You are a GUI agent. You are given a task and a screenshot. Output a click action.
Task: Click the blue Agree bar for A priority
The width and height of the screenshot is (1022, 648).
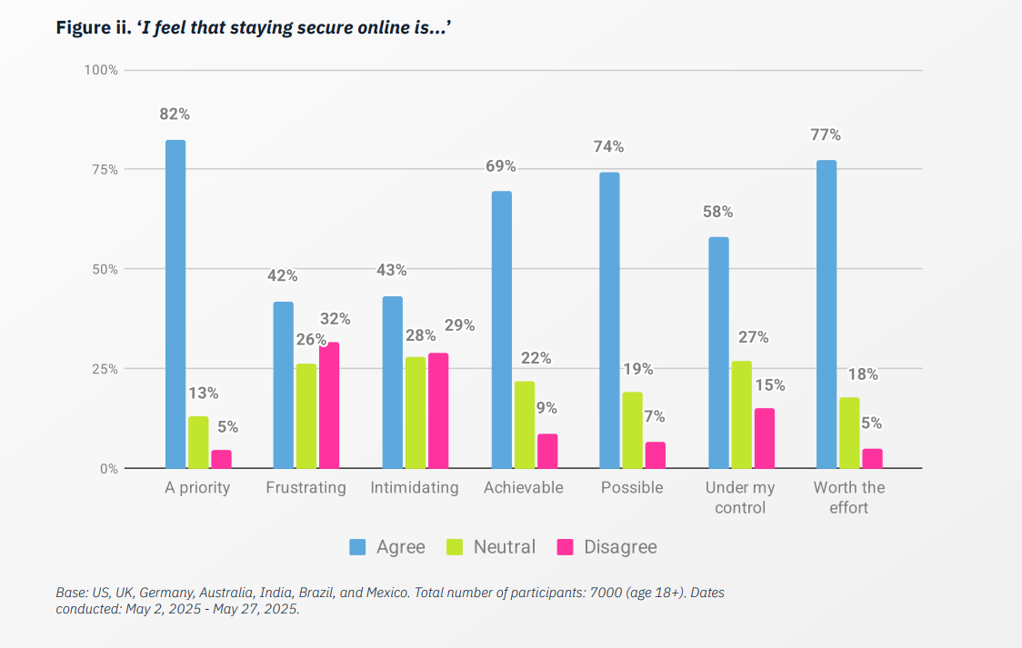point(175,304)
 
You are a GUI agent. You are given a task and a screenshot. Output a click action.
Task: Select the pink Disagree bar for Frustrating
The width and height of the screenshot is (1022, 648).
point(329,405)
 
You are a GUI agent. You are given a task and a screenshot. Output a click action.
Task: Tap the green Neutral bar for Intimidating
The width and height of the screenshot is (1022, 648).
point(416,413)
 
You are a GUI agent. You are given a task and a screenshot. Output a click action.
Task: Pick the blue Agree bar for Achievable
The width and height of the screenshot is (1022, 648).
point(502,330)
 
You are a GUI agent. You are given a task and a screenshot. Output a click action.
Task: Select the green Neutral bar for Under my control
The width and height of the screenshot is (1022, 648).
point(741,414)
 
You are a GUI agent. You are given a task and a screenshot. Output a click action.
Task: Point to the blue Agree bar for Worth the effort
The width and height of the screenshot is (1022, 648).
point(827,314)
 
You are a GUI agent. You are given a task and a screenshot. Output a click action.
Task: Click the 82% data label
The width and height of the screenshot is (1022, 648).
point(175,115)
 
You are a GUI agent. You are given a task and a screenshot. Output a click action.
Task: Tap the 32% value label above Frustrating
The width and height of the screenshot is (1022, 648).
point(335,319)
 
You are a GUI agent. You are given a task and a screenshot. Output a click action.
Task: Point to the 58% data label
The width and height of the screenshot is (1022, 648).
point(717,212)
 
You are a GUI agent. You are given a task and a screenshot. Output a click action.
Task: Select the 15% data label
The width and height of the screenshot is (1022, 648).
point(769,385)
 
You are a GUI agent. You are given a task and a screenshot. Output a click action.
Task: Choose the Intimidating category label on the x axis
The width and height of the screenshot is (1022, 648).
point(415,488)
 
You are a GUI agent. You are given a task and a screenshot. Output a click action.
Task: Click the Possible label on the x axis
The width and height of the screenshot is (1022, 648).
point(632,488)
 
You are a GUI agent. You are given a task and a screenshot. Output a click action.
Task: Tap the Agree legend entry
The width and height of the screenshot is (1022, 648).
point(387,547)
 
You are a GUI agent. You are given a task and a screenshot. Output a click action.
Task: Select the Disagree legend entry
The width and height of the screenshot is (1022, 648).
point(606,547)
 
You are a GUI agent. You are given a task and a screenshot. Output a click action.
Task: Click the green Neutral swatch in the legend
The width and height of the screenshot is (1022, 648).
point(456,547)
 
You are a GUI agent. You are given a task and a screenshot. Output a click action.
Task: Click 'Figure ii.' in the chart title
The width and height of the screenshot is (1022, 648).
point(94,28)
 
